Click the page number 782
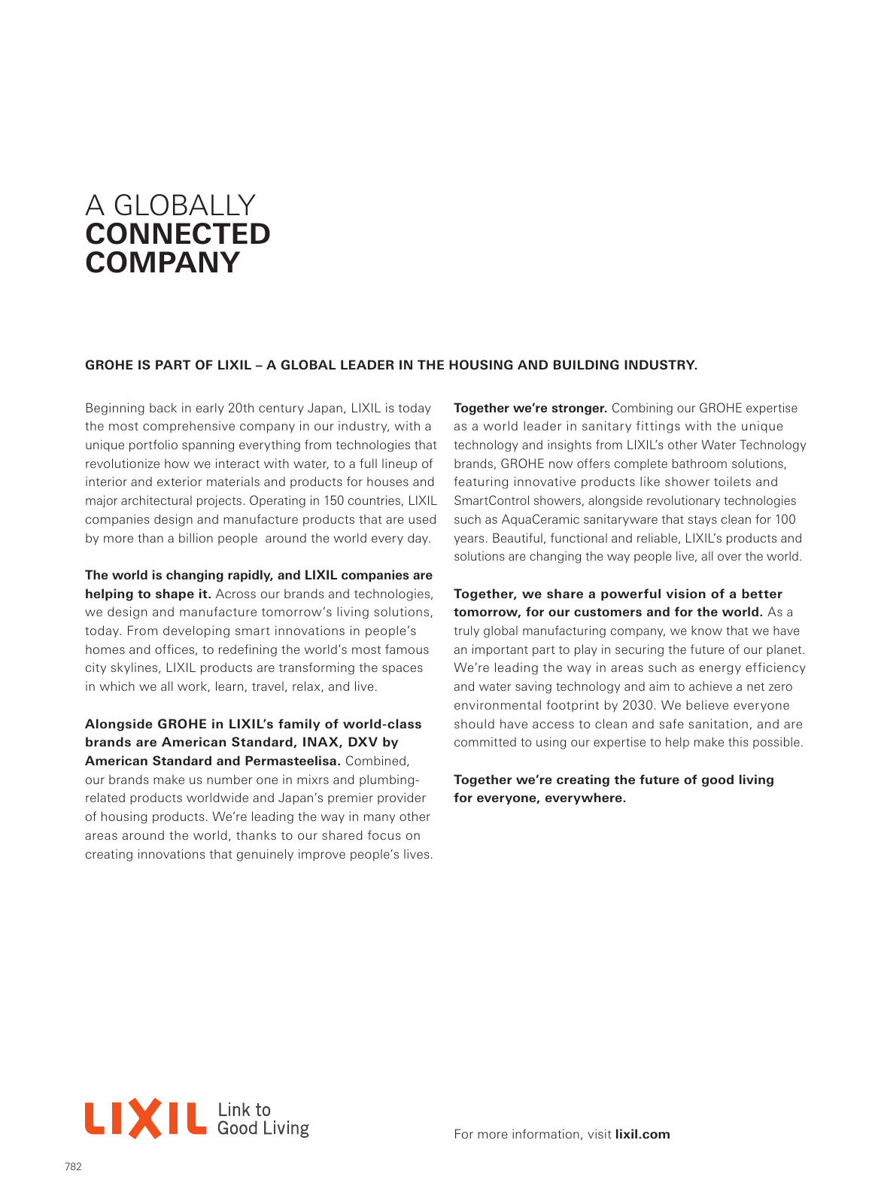[73, 1166]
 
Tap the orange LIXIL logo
[145, 1118]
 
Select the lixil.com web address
[642, 1134]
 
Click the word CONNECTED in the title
[178, 234]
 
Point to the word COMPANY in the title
[163, 263]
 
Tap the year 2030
[638, 705]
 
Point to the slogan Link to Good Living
[263, 1119]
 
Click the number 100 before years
[785, 519]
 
